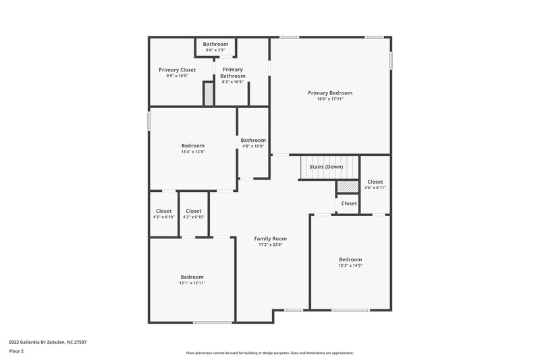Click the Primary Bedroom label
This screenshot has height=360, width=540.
(330, 93)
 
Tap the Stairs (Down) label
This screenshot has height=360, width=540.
(326, 166)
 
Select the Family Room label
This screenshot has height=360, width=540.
(271, 238)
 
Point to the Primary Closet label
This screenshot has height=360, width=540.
(177, 70)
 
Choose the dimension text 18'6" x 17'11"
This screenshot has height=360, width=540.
(330, 99)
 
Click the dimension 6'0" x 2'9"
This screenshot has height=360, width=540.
(215, 50)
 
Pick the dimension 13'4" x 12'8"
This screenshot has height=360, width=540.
(192, 152)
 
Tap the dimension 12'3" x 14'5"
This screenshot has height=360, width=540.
(350, 265)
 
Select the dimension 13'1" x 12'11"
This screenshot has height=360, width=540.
(192, 283)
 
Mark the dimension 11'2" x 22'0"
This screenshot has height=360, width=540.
(271, 245)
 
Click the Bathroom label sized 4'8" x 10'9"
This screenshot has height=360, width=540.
(253, 140)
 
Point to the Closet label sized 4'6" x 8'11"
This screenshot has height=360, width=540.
(375, 182)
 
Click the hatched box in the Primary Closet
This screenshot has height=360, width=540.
(209, 93)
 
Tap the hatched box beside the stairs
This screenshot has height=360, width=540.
(347, 186)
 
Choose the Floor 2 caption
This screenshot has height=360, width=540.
(16, 351)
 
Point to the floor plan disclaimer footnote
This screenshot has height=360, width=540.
(269, 353)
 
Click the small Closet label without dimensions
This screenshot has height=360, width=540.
(349, 203)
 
